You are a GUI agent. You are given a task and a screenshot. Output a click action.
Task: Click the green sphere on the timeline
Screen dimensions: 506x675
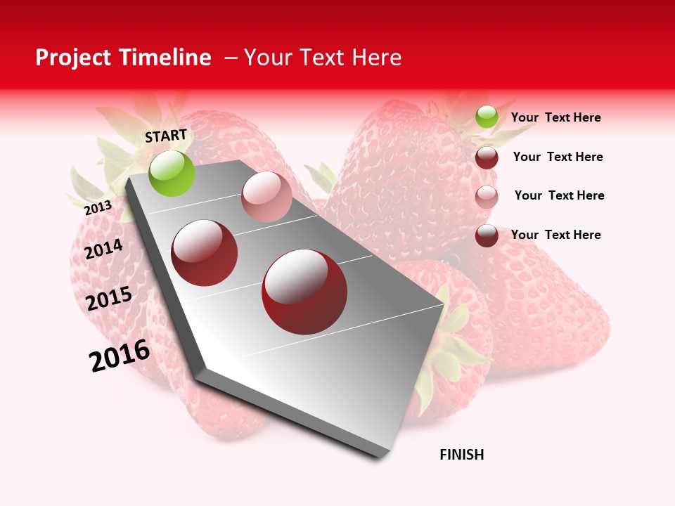(172, 174)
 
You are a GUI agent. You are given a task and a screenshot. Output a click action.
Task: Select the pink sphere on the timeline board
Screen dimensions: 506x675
(266, 197)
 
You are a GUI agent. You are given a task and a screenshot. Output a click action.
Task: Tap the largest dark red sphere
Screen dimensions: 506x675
(304, 292)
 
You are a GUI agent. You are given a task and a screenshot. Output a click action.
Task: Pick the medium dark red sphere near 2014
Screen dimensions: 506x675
(205, 253)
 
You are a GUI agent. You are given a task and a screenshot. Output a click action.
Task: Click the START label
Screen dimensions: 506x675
(166, 136)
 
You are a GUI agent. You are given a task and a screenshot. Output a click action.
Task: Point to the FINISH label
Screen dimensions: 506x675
(462, 455)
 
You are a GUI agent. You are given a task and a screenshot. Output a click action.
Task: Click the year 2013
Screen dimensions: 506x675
(98, 208)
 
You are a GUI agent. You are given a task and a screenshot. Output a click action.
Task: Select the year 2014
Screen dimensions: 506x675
(103, 249)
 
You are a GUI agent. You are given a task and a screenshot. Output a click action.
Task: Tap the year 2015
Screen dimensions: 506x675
(109, 299)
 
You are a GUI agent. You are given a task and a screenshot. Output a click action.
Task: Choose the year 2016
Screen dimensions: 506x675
(120, 356)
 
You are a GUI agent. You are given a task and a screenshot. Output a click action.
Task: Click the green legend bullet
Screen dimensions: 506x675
(487, 117)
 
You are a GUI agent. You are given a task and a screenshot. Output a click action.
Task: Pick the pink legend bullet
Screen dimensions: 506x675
(487, 196)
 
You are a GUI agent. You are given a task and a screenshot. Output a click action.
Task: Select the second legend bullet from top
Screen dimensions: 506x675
(487, 157)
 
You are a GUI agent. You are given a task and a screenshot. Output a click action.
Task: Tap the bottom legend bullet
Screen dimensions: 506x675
(487, 235)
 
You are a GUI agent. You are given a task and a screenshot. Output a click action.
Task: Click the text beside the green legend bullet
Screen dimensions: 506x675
(556, 118)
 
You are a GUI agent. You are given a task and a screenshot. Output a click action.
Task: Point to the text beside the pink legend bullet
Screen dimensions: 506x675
(559, 195)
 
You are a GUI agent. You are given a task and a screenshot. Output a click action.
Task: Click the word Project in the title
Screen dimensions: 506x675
(72, 58)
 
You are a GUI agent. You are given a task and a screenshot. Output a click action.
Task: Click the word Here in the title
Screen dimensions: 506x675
(376, 58)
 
